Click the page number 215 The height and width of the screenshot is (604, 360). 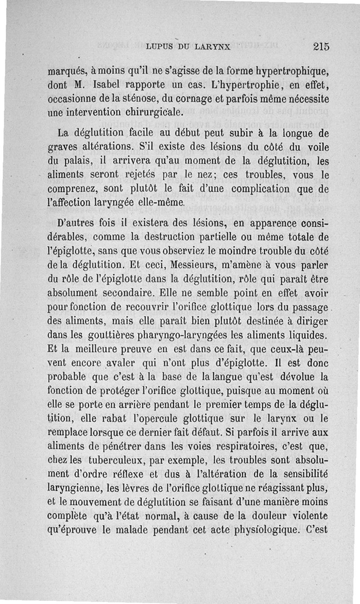pyautogui.click(x=322, y=46)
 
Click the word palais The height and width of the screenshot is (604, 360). pyautogui.click(x=79, y=160)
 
